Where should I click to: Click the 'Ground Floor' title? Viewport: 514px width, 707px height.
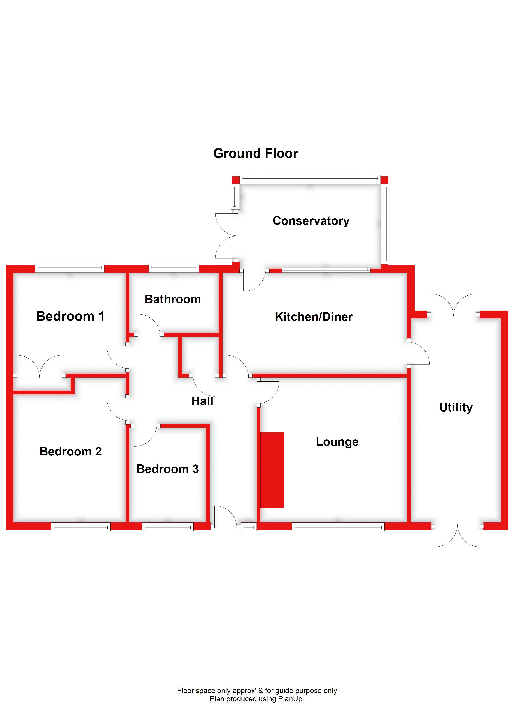point(255,153)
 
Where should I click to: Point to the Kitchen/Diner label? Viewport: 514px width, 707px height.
point(314,316)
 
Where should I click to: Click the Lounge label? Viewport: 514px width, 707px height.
point(337,442)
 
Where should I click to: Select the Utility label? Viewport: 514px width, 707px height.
point(456,407)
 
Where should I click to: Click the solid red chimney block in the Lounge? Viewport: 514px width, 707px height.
point(272,470)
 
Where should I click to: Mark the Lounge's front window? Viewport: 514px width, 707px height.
point(338,527)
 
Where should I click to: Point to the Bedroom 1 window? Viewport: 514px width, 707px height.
point(70,268)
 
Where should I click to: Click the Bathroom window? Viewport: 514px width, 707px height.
point(174,268)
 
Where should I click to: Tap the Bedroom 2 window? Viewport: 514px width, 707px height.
point(81,527)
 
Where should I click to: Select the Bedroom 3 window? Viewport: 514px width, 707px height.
point(168,527)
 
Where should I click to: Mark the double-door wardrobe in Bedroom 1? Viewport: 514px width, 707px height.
point(39,366)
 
